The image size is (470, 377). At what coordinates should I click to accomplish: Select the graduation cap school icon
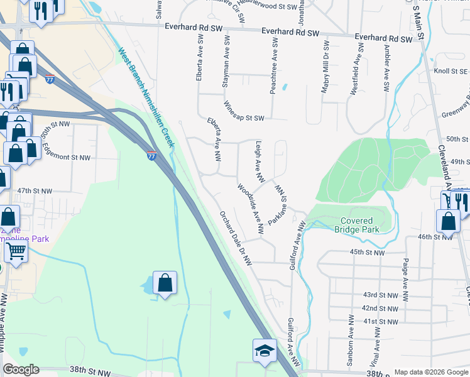265,350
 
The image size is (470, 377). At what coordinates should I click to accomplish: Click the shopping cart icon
16,251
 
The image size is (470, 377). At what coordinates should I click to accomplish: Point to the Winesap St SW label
244,112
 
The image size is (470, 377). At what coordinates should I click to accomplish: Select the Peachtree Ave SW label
273,66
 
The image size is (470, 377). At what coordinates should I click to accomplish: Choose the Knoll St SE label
451,72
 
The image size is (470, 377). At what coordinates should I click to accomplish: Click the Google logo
21,369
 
